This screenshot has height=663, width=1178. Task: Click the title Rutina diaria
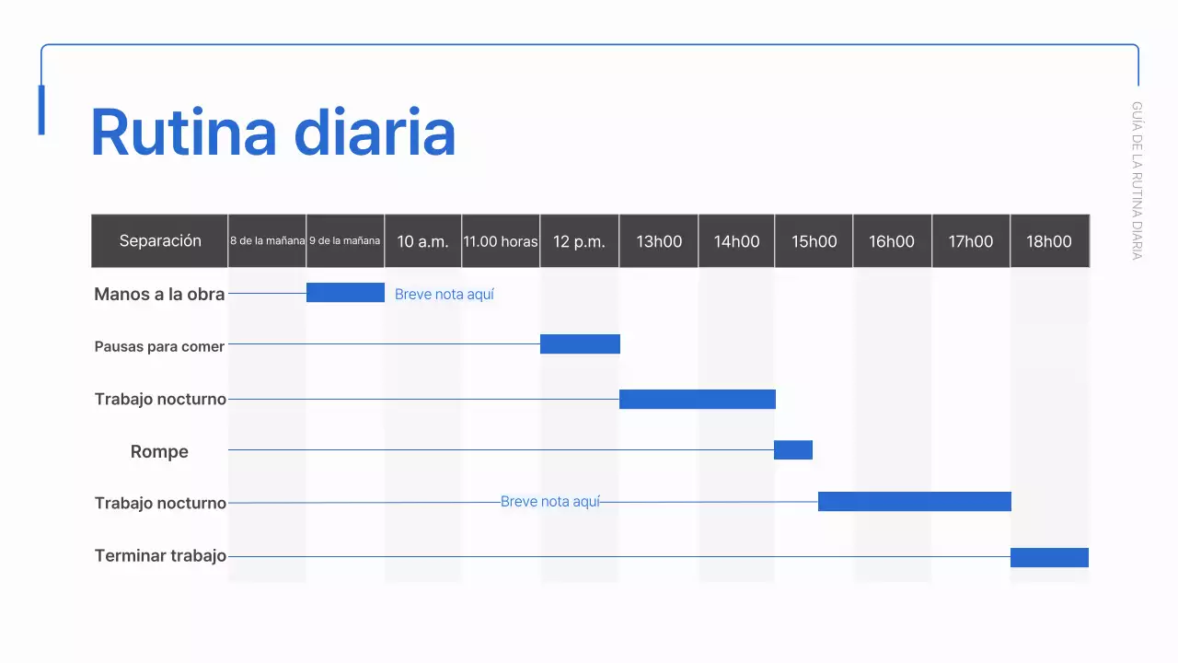pyautogui.click(x=273, y=133)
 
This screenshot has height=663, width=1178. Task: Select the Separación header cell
pyautogui.click(x=160, y=241)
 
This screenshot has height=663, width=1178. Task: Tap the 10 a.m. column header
pyautogui.click(x=422, y=241)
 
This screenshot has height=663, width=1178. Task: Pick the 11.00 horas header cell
pyautogui.click(x=501, y=241)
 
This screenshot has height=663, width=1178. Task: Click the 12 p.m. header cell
pyautogui.click(x=579, y=241)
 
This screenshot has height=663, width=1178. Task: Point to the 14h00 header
pyautogui.click(x=736, y=241)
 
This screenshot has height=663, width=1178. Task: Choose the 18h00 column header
pyautogui.click(x=1049, y=241)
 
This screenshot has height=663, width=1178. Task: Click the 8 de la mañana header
pyautogui.click(x=267, y=241)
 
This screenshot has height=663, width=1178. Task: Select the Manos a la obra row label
pyautogui.click(x=159, y=295)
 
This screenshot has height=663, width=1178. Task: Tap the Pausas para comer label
pyautogui.click(x=159, y=347)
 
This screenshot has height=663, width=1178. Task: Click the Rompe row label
pyautogui.click(x=159, y=451)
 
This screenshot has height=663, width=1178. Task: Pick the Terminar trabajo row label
pyautogui.click(x=160, y=555)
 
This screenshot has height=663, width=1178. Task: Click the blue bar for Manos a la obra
pyautogui.click(x=345, y=292)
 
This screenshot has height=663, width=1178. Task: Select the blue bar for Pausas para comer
pyautogui.click(x=580, y=343)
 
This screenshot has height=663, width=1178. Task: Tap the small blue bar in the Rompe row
pyautogui.click(x=792, y=449)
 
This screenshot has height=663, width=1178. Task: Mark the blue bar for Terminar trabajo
pyautogui.click(x=1049, y=557)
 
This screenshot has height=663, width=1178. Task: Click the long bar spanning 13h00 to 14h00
pyautogui.click(x=697, y=399)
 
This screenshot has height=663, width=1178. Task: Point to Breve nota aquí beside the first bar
pyautogui.click(x=445, y=295)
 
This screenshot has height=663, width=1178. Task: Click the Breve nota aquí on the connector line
pyautogui.click(x=549, y=502)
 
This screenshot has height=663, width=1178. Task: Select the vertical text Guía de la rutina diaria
pyautogui.click(x=1137, y=180)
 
